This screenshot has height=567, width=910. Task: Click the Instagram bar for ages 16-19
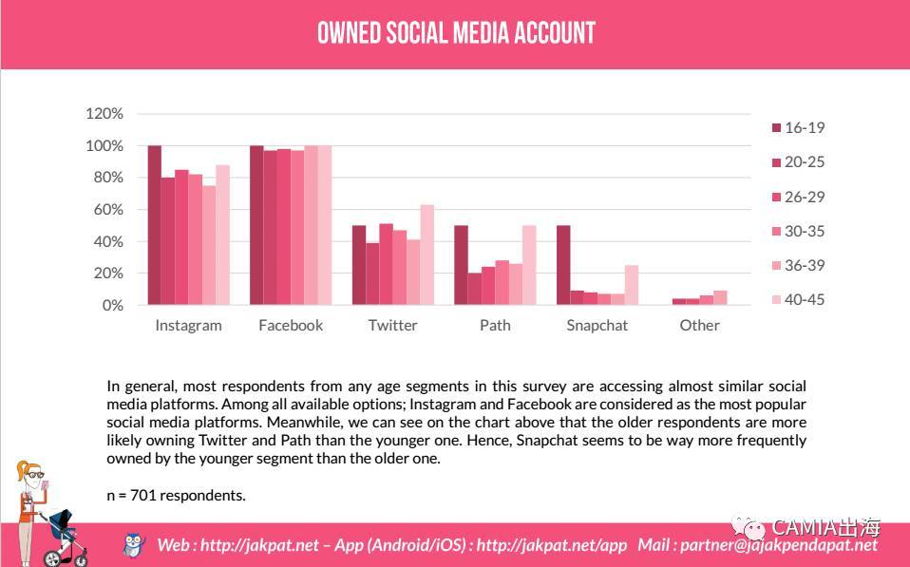point(154,225)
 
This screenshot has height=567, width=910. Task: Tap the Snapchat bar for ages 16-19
point(562,265)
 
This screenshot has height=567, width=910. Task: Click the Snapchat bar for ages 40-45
point(632,285)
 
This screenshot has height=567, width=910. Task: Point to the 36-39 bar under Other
point(720,298)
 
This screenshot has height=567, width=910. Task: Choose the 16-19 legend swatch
point(775,128)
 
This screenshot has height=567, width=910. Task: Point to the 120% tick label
point(104,114)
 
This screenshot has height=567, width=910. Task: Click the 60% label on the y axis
point(108,210)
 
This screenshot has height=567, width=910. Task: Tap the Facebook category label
point(291,325)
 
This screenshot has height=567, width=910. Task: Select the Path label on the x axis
point(495,325)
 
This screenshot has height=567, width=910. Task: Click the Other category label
point(699,325)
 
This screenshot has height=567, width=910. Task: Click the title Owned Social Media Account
point(456,33)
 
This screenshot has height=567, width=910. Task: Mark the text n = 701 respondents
point(177,495)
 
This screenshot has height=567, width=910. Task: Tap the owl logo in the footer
point(134,544)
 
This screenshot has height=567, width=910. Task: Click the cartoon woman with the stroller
point(43,513)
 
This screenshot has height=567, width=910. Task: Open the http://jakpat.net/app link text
point(552,545)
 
